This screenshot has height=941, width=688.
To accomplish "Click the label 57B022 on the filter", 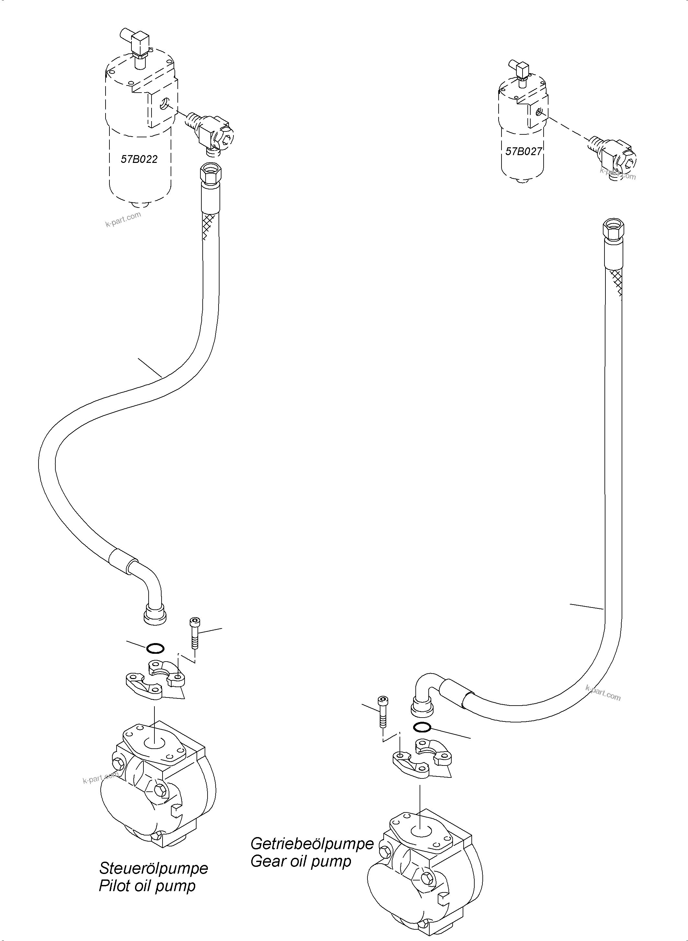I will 139,159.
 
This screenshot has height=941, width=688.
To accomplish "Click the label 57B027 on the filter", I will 523,151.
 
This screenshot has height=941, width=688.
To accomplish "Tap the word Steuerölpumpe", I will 153,868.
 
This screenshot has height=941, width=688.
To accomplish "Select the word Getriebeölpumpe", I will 312,844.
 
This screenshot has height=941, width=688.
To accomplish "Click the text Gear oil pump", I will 301,861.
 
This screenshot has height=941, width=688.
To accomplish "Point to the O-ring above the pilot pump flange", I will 155,649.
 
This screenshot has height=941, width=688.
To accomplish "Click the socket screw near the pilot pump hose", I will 195,633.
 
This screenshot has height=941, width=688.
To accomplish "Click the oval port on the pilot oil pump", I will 154,743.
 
